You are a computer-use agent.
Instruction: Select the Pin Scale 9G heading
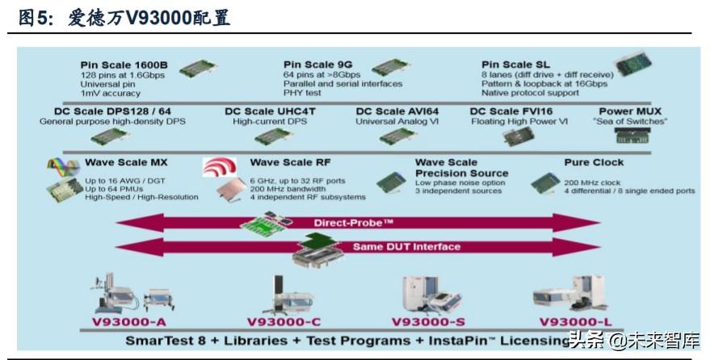pyautogui.click(x=317, y=64)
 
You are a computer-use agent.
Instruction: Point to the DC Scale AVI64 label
pyautogui.click(x=398, y=111)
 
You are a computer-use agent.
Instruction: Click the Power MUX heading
pyautogui.click(x=630, y=111)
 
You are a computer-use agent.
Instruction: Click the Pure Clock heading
pyautogui.click(x=594, y=162)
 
